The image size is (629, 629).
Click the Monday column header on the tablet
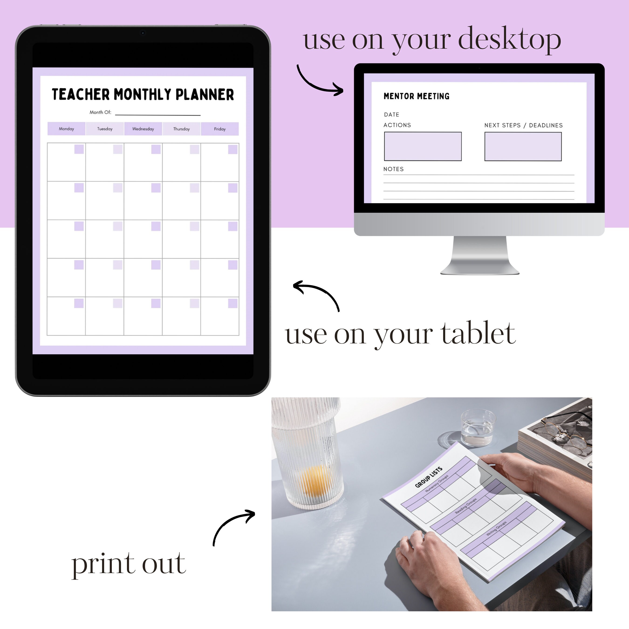pos(66,129)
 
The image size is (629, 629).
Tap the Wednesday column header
pos(143,129)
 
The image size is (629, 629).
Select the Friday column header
pos(220,129)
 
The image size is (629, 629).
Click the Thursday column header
pos(181,129)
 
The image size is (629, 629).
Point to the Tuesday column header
pos(105,129)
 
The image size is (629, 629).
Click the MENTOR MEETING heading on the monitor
pos(416,96)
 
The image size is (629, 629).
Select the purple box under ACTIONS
pos(423,146)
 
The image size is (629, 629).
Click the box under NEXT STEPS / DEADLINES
pos(523,146)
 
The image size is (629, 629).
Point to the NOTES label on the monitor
pos(393,169)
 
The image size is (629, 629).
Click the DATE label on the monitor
pos(391,115)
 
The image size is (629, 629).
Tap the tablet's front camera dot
pos(143,33)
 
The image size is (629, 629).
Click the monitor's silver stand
pos(480,256)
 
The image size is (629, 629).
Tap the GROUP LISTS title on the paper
pos(428,477)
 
